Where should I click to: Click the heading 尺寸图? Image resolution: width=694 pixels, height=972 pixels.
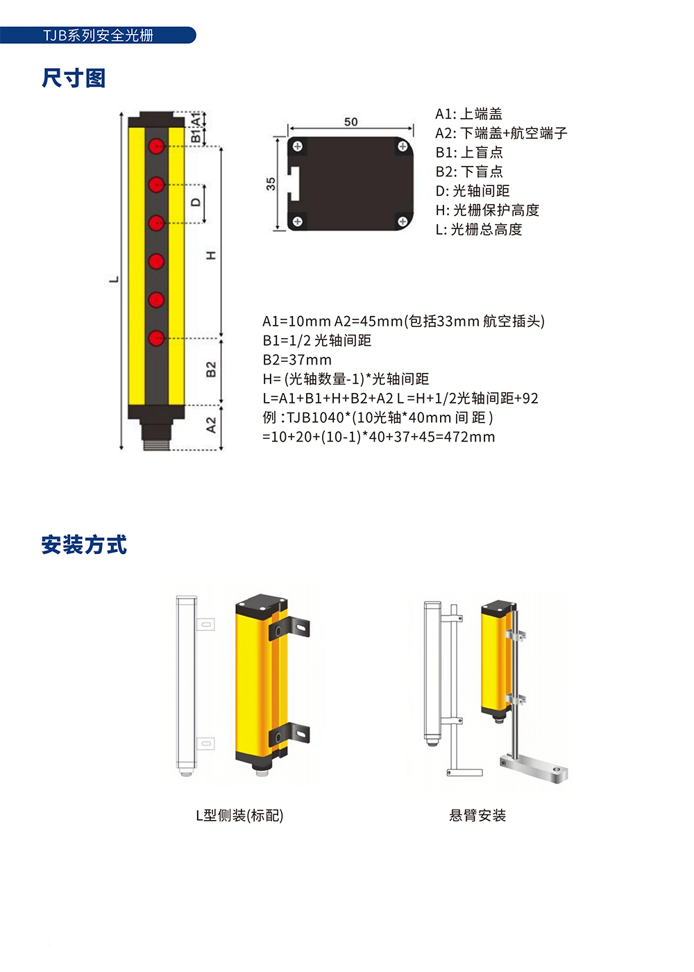coord(74,78)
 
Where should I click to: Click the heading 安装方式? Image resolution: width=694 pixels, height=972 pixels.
coord(84,544)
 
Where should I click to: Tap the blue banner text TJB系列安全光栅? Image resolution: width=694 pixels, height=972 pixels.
coord(98,35)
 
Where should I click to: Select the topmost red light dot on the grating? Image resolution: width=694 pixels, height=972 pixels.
coord(156,146)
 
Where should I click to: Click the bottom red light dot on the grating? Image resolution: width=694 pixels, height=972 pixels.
coord(156,338)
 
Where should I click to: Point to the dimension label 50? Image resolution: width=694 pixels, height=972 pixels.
coord(350,122)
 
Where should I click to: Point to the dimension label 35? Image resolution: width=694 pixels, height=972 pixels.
coord(271,183)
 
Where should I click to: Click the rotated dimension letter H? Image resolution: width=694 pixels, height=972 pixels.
coord(211,255)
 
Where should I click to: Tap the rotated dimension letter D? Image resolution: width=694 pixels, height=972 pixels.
coord(196,202)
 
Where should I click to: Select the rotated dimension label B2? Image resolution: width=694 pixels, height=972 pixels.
coord(211,369)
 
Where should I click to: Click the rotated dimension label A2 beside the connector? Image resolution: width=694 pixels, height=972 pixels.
coord(211,425)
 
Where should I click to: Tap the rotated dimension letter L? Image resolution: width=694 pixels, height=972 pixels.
coord(114,279)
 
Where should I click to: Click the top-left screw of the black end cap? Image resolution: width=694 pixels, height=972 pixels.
coord(298,146)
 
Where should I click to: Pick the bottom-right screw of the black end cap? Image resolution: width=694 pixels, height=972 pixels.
coord(403,221)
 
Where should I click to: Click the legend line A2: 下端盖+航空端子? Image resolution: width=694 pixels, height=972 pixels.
coord(501,133)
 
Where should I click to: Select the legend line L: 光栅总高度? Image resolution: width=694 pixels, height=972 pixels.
coord(478,229)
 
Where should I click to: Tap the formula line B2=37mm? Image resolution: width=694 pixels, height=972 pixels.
coord(297,360)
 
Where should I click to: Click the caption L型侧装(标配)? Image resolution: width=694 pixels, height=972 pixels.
coord(239,815)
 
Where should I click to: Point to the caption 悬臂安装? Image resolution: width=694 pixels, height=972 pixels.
coord(477,815)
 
